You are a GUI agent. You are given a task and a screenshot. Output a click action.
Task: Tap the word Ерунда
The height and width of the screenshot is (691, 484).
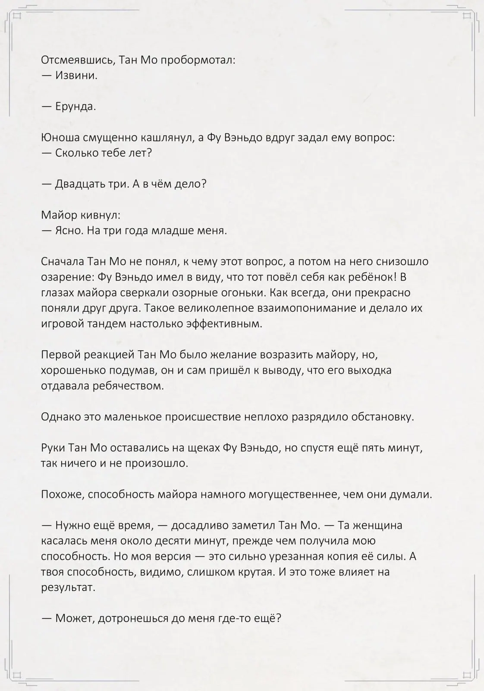(x=75, y=106)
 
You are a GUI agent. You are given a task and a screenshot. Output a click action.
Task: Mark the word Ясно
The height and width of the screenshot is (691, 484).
(x=69, y=231)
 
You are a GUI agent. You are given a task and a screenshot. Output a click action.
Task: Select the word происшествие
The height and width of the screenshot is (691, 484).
(x=203, y=417)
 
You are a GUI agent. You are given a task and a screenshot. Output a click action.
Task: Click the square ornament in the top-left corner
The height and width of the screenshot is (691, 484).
(x=17, y=16)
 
